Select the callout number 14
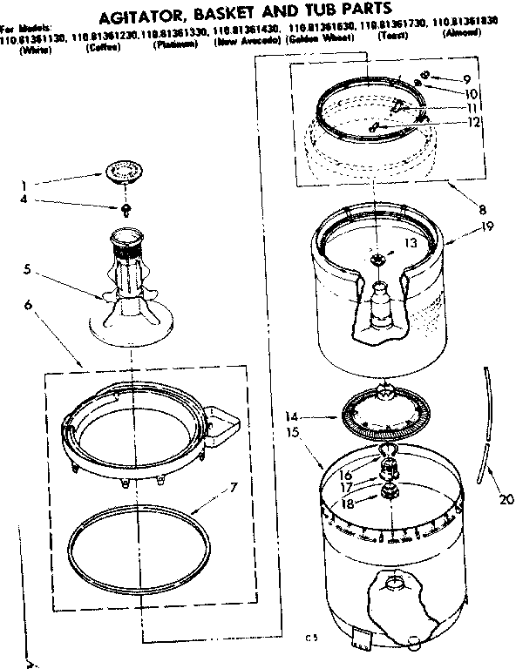pyautogui.click(x=292, y=417)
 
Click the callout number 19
pyautogui.click(x=486, y=226)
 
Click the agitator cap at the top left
pyautogui.click(x=127, y=172)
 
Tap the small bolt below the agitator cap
pyautogui.click(x=127, y=209)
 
